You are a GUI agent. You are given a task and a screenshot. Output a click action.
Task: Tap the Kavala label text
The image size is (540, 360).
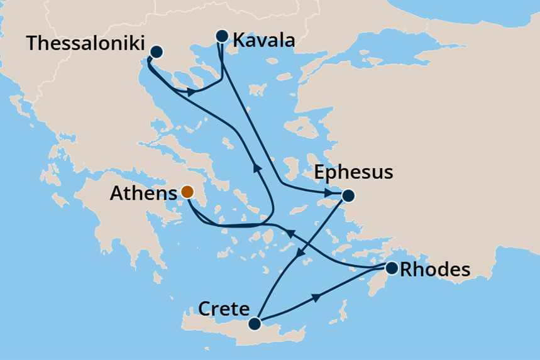[x=263, y=41]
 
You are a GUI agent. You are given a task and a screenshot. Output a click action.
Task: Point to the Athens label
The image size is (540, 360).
[x=143, y=194]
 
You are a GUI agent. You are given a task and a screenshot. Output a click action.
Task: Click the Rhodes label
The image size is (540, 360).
[x=435, y=270]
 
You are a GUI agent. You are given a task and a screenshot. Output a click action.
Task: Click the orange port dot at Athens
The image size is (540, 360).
[x=187, y=192]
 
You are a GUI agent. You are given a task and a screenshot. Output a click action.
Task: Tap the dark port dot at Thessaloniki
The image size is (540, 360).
[x=157, y=52]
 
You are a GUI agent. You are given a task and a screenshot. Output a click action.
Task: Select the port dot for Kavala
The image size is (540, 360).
[x=221, y=36]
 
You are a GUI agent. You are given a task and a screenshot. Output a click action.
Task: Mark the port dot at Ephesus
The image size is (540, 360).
[x=347, y=195]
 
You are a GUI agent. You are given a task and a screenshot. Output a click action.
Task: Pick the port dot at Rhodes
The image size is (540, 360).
[x=391, y=269]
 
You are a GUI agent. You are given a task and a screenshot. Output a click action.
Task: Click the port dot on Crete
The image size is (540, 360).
[x=254, y=324]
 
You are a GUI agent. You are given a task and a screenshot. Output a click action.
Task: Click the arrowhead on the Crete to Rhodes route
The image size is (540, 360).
[x=316, y=296]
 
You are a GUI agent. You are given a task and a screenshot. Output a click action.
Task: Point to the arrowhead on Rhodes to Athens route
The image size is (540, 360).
[x=290, y=233]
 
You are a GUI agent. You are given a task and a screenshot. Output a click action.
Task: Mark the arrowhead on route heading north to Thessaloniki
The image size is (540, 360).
[x=256, y=167]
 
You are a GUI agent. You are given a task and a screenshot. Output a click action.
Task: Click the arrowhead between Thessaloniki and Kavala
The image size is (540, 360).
[x=190, y=92]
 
